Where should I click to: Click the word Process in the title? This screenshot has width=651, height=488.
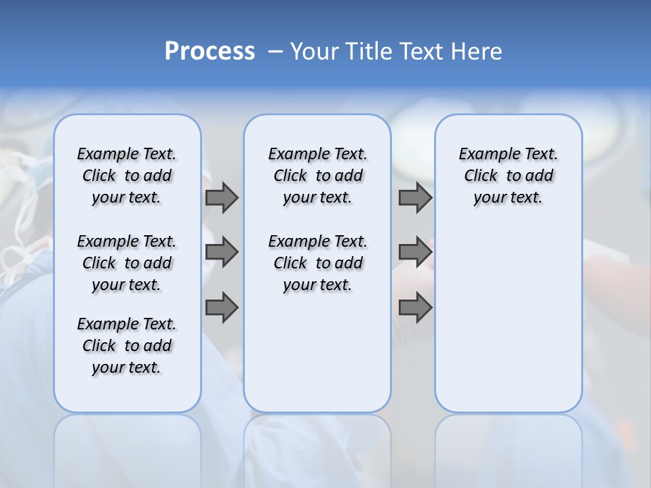tap(210, 52)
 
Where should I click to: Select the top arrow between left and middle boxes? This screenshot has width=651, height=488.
tap(222, 198)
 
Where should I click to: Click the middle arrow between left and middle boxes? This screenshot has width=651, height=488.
tap(222, 252)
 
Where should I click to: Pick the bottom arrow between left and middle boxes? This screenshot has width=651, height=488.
tap(222, 308)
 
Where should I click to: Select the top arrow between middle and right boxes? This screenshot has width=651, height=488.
tap(415, 198)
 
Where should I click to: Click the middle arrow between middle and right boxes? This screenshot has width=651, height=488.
tap(415, 252)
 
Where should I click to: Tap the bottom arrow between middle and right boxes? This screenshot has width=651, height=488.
tap(415, 308)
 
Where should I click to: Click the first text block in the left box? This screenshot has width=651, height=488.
tap(127, 176)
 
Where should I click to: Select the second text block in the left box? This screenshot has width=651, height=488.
tap(127, 263)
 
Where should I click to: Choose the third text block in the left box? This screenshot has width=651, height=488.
tap(127, 346)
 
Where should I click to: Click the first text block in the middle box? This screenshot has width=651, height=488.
tap(317, 176)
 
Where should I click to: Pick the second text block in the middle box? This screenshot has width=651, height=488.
tap(317, 263)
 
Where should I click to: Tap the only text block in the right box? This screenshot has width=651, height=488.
tap(508, 176)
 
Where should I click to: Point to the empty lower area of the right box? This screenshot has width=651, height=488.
tap(508, 319)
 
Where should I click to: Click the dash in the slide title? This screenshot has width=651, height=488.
tap(275, 52)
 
